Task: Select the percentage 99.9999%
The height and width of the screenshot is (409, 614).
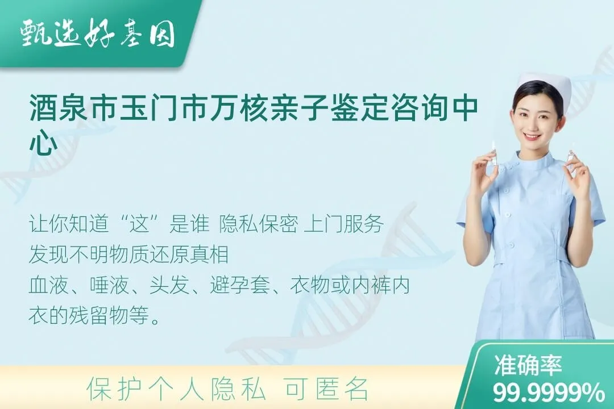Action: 549,392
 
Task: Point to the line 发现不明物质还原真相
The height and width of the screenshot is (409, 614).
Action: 128,255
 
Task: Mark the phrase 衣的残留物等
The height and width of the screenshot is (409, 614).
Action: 94,315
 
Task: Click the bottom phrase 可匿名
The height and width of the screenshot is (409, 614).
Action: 326,390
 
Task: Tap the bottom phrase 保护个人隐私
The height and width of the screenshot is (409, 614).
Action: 176,390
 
